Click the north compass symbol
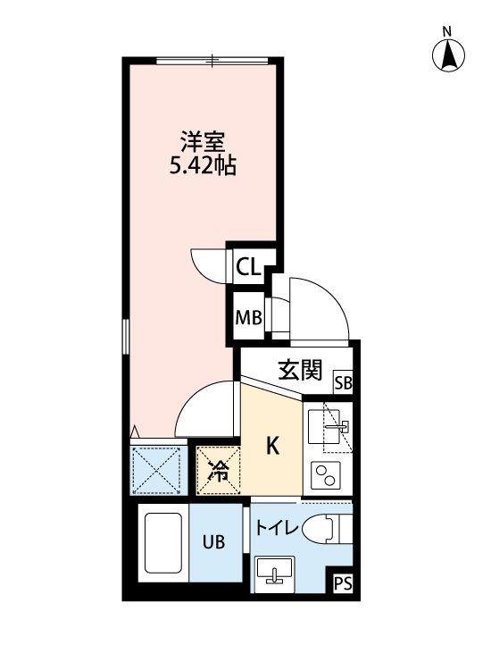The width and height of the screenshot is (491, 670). click(449, 55)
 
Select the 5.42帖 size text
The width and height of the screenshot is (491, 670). click(203, 166)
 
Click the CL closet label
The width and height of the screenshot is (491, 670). click(247, 266)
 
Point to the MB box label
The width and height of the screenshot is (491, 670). click(247, 318)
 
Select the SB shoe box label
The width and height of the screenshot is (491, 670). click(343, 384)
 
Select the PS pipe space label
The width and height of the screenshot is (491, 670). click(342, 585)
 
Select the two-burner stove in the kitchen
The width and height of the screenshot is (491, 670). click(327, 475)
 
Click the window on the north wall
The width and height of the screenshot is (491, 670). click(212, 61)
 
